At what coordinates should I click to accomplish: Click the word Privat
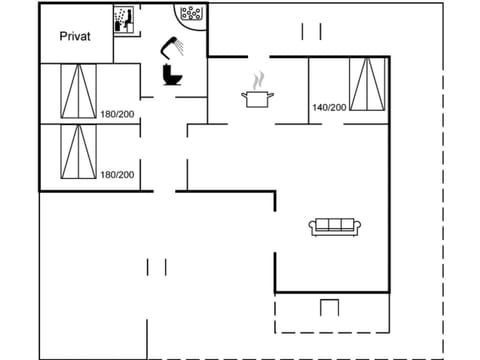75,36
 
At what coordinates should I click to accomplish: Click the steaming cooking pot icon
257,97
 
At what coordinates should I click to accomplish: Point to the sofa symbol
336,226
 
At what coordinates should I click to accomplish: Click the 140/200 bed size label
328,107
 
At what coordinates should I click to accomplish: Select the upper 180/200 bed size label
117,113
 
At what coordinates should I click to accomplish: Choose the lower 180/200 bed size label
117,174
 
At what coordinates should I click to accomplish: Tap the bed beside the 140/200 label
366,85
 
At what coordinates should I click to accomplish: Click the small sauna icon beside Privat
124,21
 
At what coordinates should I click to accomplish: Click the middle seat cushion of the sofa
336,225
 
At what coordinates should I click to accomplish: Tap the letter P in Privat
62,36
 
